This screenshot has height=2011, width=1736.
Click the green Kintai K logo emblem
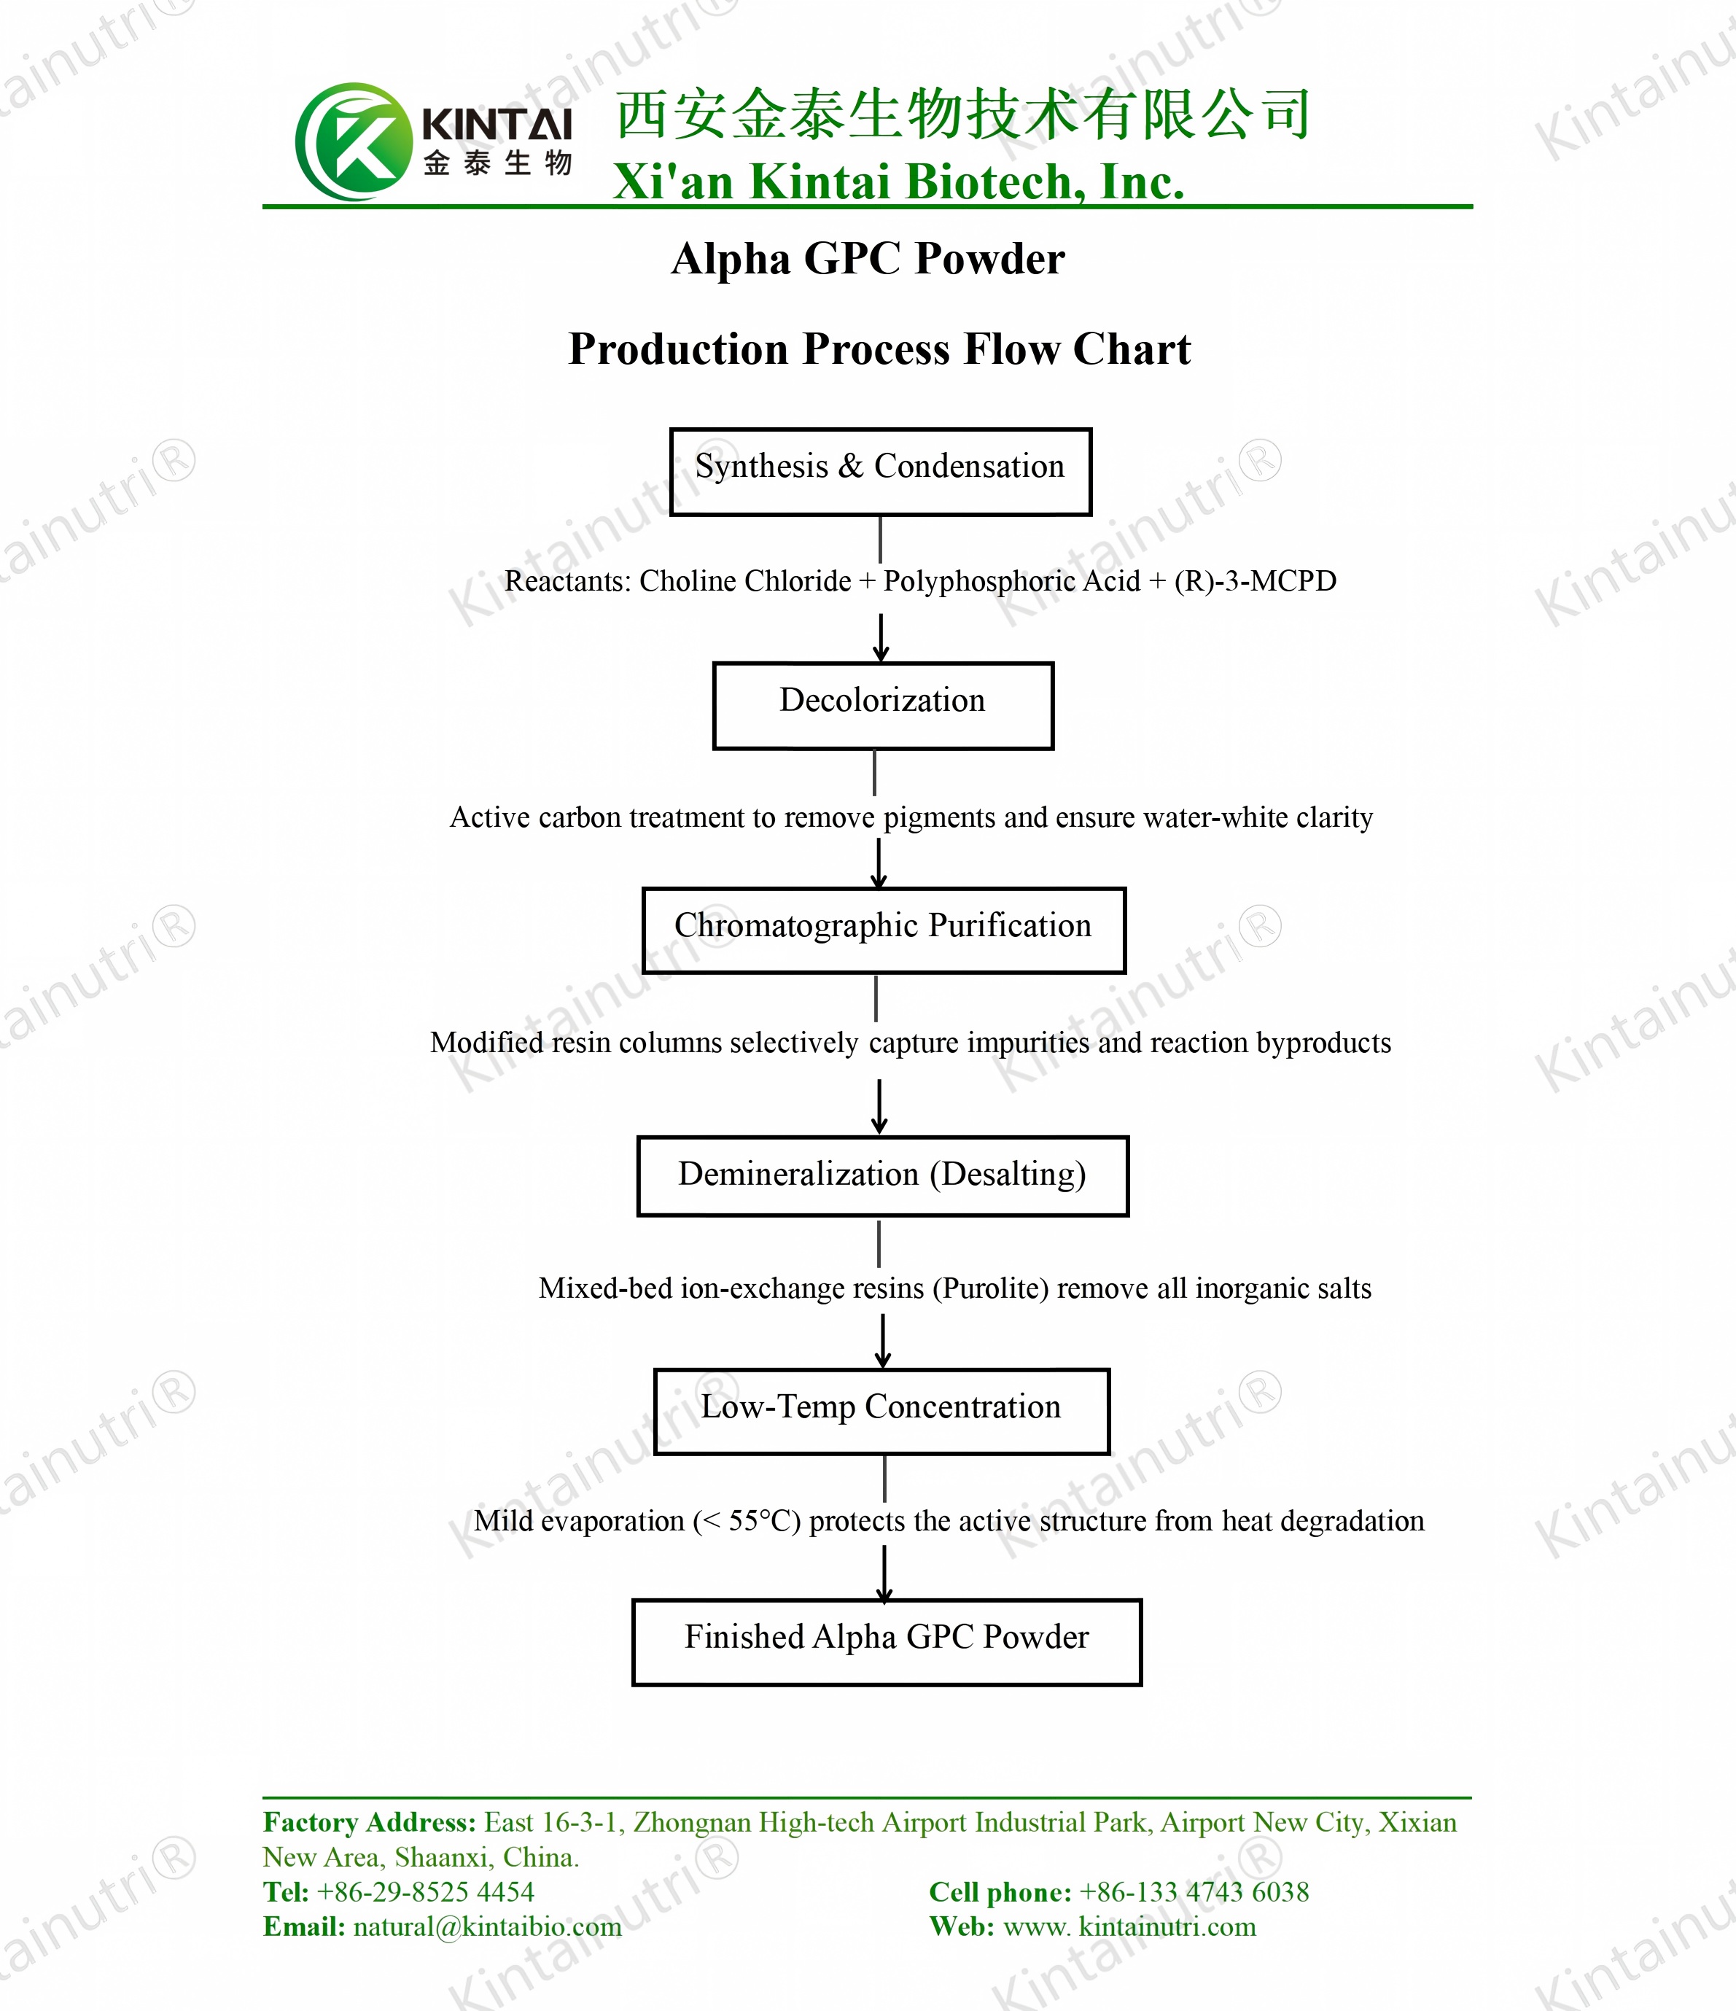(353, 141)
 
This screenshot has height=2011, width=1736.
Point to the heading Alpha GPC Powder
(868, 259)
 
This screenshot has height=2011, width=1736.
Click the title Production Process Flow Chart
(879, 349)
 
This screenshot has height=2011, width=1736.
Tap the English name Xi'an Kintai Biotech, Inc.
(898, 182)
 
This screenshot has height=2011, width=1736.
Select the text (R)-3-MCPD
(1255, 580)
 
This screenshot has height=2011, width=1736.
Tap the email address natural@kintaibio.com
(487, 1926)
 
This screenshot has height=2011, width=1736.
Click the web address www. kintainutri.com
(1129, 1926)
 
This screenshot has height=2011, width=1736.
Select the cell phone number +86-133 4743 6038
(1194, 1891)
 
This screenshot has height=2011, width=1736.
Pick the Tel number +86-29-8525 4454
(425, 1891)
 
